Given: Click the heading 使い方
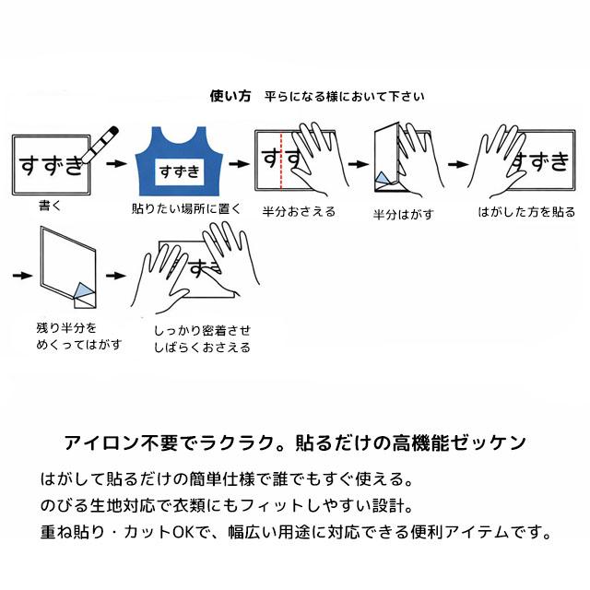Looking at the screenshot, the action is pos(230,96).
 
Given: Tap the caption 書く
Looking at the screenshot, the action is pos(50,206).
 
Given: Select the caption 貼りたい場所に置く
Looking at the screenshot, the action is pos(186,208).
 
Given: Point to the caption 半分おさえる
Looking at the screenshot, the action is pos(299,211).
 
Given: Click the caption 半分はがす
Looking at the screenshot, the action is pos(404,215).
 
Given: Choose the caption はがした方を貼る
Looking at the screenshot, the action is pos(526,212).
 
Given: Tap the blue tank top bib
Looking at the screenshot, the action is pos(179,161).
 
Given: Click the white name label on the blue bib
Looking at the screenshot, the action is pos(179,172).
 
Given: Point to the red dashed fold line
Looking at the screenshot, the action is pos(280,160).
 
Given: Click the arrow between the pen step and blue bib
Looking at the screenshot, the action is pos(116,164).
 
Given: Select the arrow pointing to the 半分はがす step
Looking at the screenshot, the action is pos(359,164).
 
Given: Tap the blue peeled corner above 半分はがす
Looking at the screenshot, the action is pos(382,178).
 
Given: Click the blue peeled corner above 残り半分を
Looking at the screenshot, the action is pos(84,290).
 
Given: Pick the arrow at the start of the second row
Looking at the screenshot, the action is pos(22,276).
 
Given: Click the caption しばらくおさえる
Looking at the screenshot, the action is pos(202,348).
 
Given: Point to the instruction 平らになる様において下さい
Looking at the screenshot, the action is pos(344,97).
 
